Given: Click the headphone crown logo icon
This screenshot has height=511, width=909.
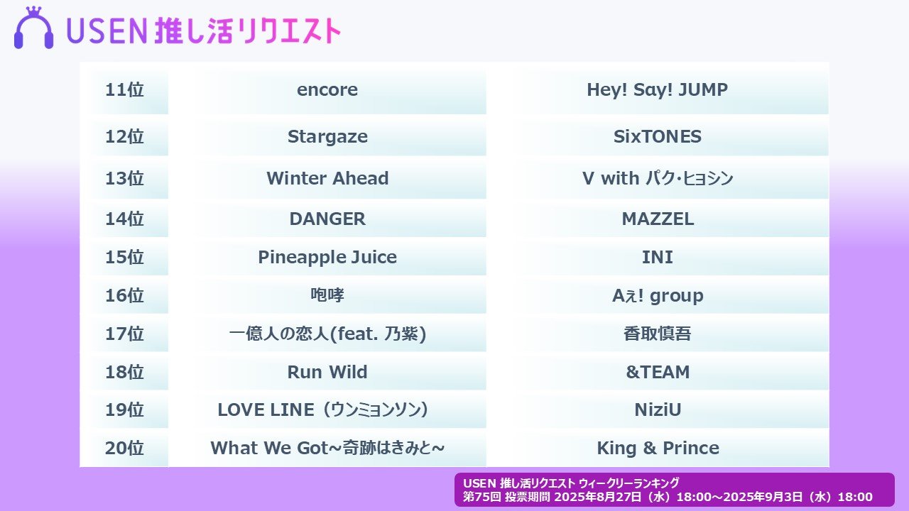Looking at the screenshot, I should (33, 29).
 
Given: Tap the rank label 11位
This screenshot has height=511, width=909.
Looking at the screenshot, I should (124, 90).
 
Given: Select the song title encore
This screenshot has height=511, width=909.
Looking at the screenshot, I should (327, 90).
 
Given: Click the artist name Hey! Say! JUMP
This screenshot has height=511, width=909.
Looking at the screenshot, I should (657, 90).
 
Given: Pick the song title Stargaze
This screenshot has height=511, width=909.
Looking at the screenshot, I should (327, 137).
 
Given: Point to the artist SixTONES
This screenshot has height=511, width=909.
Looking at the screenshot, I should (657, 137).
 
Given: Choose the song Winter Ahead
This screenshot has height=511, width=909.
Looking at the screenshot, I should (327, 178).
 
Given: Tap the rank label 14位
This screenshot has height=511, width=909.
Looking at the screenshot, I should (124, 219).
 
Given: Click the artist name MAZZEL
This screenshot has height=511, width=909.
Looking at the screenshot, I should (657, 219).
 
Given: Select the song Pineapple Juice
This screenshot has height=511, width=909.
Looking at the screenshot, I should (327, 257).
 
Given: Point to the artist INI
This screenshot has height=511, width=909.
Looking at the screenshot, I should (657, 257).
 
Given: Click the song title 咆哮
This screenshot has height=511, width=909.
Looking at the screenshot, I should (327, 295).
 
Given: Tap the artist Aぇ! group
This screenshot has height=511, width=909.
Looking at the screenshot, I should (657, 295).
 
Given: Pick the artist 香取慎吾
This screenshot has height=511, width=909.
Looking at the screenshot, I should (657, 334).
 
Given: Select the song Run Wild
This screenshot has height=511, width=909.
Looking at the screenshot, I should (327, 372).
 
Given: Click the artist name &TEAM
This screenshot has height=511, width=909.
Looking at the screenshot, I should (657, 372).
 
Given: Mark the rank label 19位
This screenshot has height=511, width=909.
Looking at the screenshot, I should (124, 410).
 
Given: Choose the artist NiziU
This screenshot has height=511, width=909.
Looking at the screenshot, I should (657, 410).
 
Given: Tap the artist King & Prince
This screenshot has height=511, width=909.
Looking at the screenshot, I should (657, 449).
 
